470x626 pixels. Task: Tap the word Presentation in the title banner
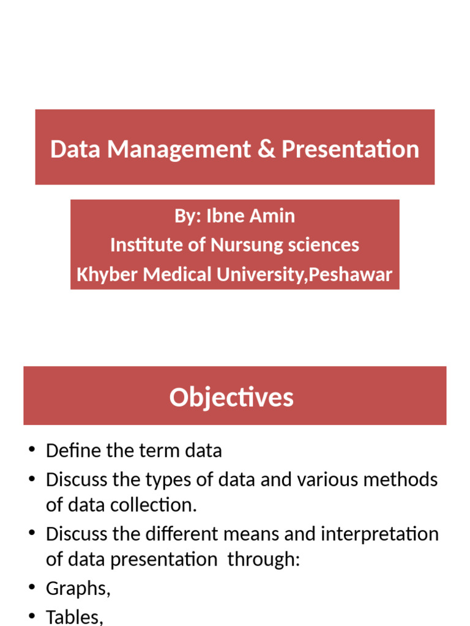(350, 149)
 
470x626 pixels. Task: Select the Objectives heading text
(231, 397)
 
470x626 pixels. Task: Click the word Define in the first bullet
(72, 451)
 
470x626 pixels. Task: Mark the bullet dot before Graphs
(32, 587)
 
